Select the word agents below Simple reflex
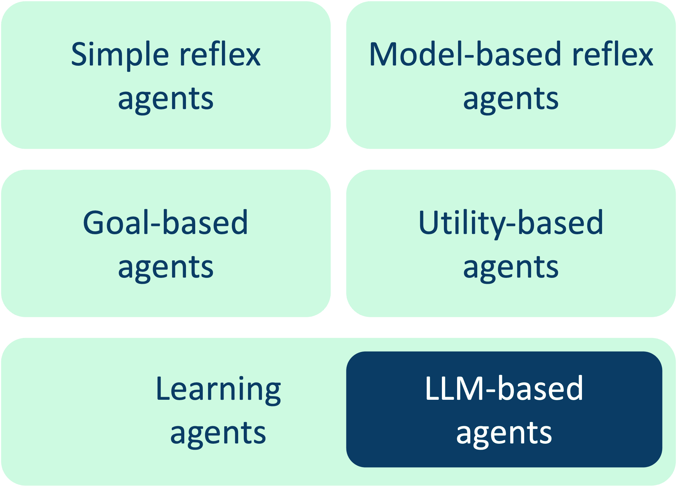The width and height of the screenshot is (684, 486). coord(166,99)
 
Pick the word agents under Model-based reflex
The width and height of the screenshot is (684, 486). coord(511,99)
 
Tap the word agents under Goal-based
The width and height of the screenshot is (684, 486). coord(166,267)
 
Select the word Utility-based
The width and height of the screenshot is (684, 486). coord(511,223)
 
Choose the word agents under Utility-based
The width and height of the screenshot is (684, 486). coord(511,267)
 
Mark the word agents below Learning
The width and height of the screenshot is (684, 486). coord(218,433)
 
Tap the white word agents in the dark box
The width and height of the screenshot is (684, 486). coord(504,433)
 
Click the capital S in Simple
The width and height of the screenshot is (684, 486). coord(80,55)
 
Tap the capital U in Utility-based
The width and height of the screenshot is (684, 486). coord(429,222)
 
